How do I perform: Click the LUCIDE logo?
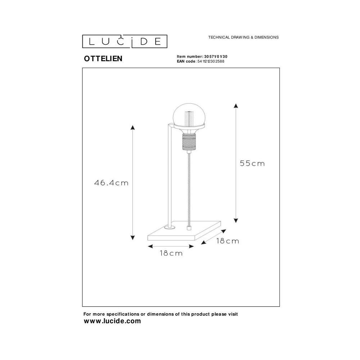pos(125,41)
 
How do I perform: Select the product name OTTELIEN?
pos(103,59)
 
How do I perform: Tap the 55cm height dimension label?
pos(252,163)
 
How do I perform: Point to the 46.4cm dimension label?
pos(111,183)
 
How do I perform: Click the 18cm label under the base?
pos(171,253)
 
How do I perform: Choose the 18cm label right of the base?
pos(228,241)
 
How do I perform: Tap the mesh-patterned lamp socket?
pos(189,142)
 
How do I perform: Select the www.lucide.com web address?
pos(112,321)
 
